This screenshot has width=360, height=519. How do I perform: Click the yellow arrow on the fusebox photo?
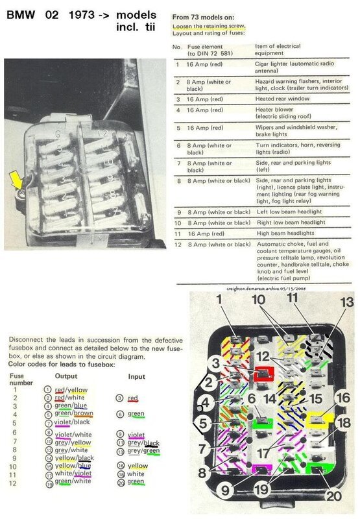14,176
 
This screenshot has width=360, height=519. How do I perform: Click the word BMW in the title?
19,14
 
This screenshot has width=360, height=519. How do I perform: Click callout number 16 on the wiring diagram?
343,398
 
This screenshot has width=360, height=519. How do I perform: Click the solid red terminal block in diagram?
263,373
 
